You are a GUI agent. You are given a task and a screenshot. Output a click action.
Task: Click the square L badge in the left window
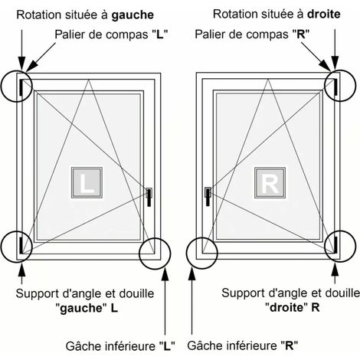pos(87,182)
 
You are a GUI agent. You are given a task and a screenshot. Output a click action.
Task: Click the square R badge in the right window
pos(270,182)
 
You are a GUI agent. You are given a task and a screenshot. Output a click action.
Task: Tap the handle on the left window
pos(149,197)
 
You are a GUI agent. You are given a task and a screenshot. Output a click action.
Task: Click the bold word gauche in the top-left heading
pos(133,15)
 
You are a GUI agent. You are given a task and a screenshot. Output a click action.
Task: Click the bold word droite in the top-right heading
pos(324,14)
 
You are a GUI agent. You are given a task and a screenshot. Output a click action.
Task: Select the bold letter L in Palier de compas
pos(159,34)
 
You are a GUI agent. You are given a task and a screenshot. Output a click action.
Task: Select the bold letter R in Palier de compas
pos(301,34)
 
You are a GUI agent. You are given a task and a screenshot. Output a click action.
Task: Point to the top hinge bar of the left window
pos(21,87)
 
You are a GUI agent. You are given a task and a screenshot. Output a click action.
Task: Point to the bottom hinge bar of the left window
pos(21,245)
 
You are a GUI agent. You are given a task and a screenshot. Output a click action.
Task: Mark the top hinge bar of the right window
pos(335,87)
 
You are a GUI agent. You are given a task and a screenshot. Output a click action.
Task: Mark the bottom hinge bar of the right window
pos(335,244)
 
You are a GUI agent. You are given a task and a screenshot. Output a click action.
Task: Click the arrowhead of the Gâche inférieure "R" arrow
pos(192,274)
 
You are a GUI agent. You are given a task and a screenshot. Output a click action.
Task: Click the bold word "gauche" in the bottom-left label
pos(81,309)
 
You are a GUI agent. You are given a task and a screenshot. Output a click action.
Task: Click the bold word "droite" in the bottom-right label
pos(286,308)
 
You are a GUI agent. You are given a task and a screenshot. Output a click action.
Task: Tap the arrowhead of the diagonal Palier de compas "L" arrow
pos(30,67)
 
